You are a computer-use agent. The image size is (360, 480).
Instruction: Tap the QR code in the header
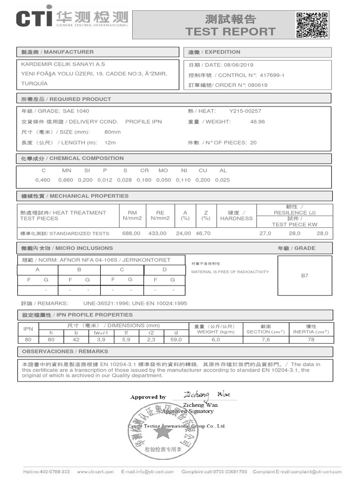tap(312, 24)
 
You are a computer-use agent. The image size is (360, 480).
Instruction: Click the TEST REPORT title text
tap(230, 31)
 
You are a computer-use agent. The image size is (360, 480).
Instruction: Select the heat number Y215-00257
tap(245, 111)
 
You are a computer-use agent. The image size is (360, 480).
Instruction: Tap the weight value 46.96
tap(257, 121)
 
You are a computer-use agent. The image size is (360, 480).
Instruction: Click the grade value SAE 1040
tap(76, 111)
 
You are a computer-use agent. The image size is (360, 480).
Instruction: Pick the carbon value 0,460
tap(43, 180)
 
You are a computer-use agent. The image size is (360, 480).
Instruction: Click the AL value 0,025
tap(223, 180)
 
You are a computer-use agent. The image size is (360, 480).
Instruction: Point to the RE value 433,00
tap(157, 233)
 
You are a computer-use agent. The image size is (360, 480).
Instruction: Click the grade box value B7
tap(305, 276)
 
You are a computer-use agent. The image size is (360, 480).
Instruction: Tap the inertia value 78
tap(311, 340)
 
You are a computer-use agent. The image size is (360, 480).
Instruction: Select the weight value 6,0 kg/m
tap(216, 340)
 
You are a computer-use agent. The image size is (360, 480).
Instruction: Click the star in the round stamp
tap(163, 432)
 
